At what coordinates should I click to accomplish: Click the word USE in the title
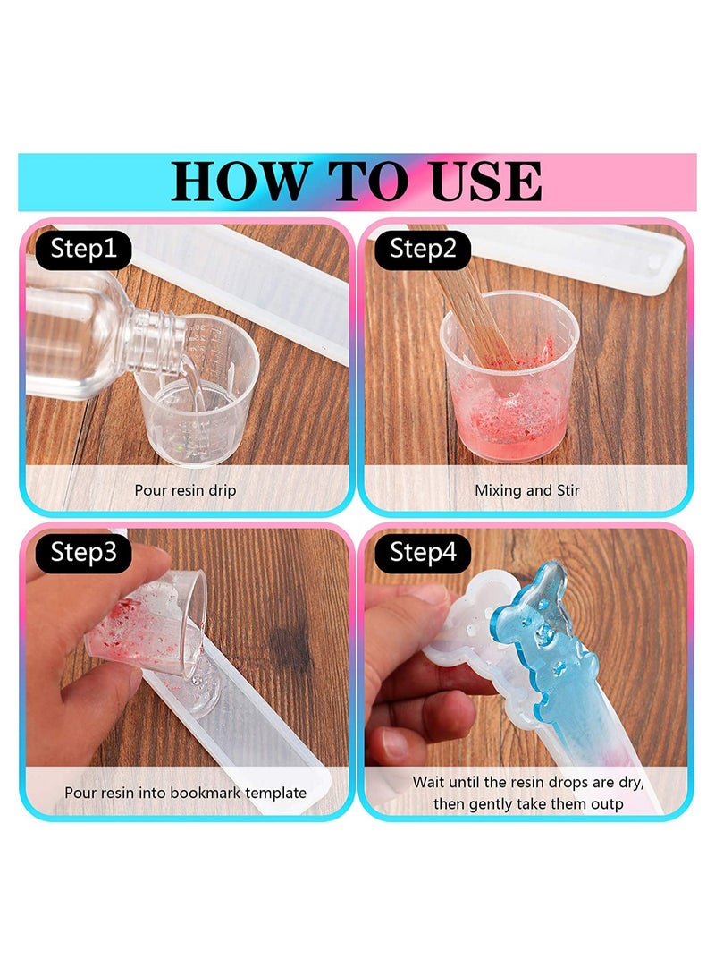click(475, 182)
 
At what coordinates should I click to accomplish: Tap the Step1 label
click(83, 249)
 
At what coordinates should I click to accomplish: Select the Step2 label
click(423, 249)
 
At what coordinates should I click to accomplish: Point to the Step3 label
click(83, 552)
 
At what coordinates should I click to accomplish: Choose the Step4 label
click(423, 552)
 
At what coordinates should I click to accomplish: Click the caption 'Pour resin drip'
click(185, 490)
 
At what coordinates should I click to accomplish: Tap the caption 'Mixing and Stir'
click(527, 490)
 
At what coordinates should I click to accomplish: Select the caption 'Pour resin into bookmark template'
click(185, 793)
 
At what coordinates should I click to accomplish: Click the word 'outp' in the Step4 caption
click(607, 804)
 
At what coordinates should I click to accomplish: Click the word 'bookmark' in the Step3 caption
click(201, 793)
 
